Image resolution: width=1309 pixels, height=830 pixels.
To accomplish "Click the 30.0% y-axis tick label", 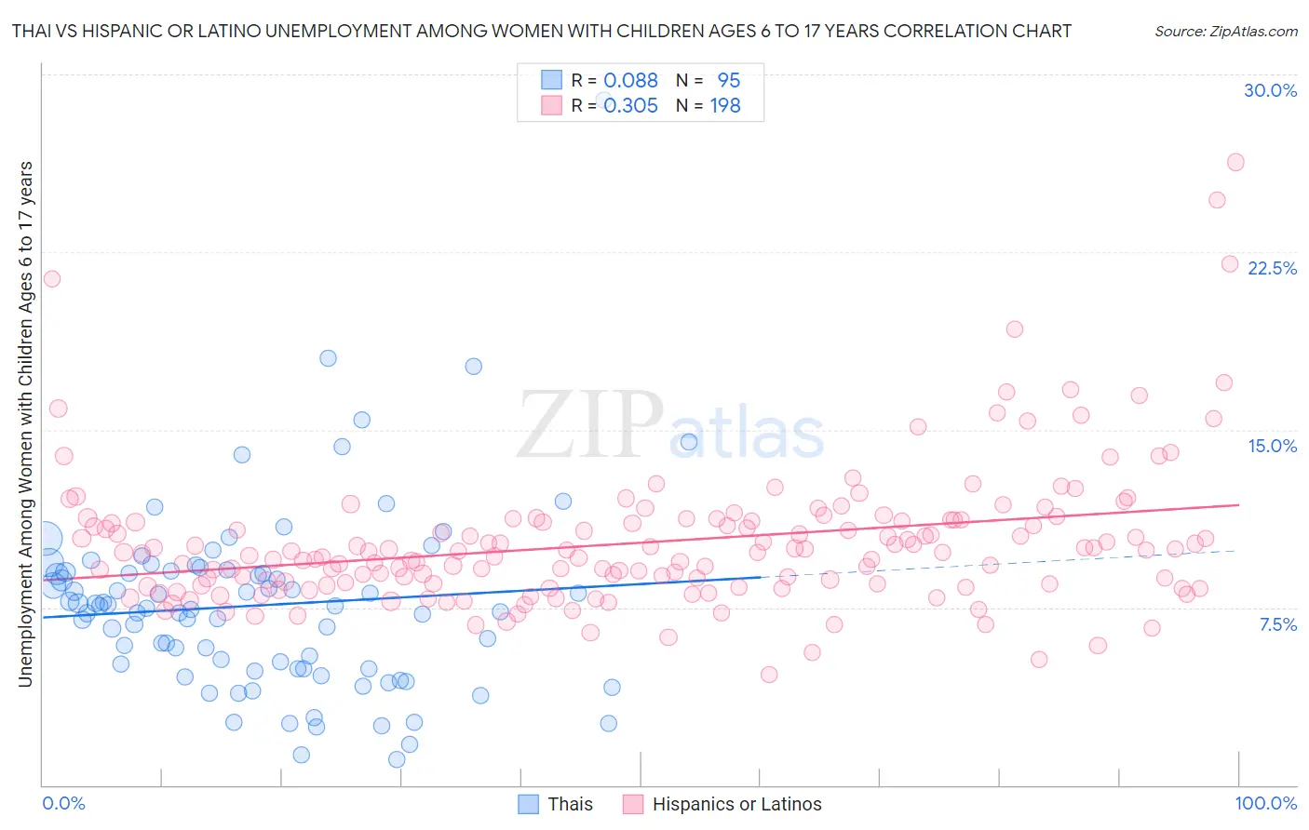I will click(x=1270, y=90).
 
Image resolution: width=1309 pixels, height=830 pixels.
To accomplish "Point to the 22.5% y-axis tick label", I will click(x=1272, y=268).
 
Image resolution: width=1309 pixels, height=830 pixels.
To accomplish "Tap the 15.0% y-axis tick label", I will click(x=1272, y=446).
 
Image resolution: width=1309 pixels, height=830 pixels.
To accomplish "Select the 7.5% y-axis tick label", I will click(x=1277, y=624).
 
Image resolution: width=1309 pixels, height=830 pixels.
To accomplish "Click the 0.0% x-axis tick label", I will click(x=63, y=803).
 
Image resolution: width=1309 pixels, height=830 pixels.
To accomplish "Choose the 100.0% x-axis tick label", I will click(x=1265, y=803).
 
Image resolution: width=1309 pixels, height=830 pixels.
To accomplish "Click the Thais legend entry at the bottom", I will click(x=569, y=804).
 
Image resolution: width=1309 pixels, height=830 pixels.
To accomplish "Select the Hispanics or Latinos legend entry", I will click(x=736, y=804).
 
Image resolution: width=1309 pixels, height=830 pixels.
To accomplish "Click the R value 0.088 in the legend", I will click(x=630, y=80).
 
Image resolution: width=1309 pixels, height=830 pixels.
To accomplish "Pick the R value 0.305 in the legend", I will click(x=630, y=105).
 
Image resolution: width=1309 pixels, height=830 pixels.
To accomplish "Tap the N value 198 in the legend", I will click(x=725, y=105).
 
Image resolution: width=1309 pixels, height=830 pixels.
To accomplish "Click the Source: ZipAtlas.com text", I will click(x=1225, y=31).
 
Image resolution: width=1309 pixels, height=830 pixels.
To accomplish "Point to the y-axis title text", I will click(x=25, y=424).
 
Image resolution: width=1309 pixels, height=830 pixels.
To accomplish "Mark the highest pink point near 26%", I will click(x=1235, y=162).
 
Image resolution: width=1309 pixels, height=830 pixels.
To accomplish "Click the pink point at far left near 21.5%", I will click(x=52, y=278).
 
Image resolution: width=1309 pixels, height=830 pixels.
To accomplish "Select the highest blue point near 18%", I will click(x=328, y=358).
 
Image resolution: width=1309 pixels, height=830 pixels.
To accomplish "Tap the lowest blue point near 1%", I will click(x=397, y=759).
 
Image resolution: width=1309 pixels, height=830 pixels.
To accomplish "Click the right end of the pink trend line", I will click(x=1238, y=504).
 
